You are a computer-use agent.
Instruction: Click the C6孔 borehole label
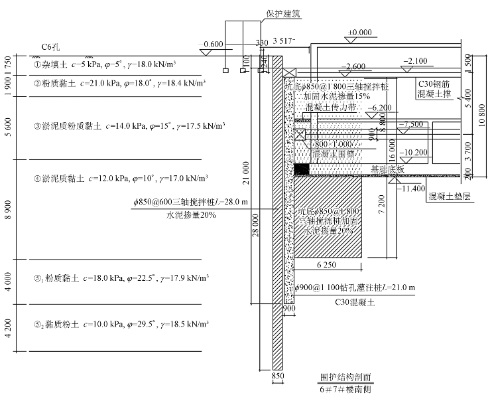[x=51, y=47]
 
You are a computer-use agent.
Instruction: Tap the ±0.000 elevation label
[x=360, y=32]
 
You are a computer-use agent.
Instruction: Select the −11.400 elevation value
[x=411, y=189]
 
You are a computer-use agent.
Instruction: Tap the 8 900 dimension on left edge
[x=7, y=209]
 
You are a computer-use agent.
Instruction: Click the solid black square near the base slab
[x=302, y=169]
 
